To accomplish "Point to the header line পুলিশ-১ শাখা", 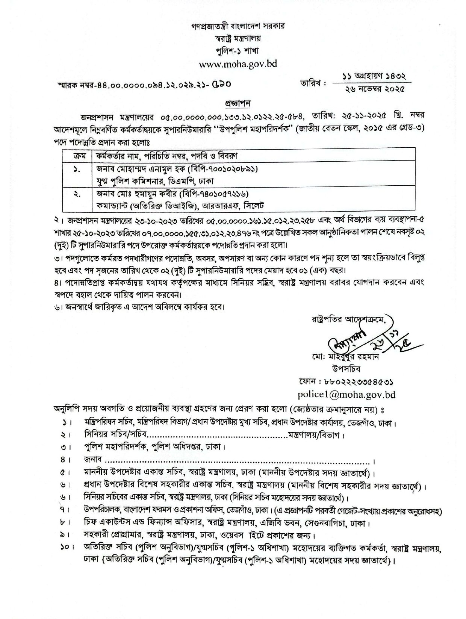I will (x=238, y=50).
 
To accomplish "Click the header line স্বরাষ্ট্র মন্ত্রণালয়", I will (x=237, y=38).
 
